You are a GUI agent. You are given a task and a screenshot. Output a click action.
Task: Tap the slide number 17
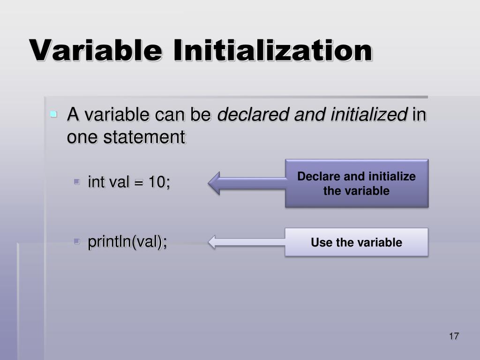454,336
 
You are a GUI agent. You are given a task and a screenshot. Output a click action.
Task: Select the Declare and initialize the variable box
357,183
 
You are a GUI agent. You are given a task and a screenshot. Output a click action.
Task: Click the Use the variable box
357,242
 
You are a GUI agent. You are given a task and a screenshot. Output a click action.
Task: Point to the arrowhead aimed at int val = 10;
215,183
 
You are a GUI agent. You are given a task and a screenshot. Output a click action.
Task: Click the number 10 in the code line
157,182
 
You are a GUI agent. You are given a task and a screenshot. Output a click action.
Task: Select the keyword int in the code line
96,182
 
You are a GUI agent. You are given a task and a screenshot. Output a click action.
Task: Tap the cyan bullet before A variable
54,114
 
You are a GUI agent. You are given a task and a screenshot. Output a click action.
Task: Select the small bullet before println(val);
77,241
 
